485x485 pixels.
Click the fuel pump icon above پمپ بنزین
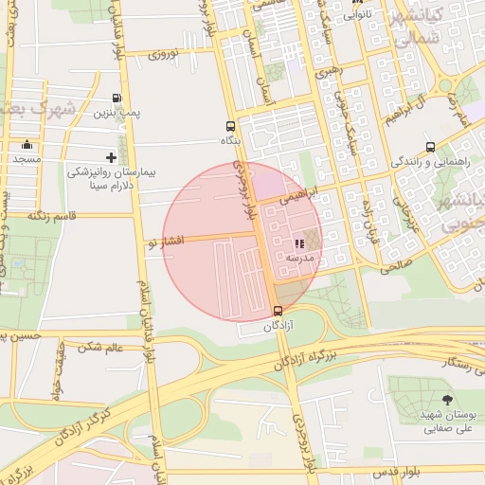coord(117,97)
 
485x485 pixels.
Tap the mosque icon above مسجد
coord(27,145)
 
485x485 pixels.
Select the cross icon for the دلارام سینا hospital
coord(112,157)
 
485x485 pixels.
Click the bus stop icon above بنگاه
coord(230,125)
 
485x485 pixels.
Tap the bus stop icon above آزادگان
coord(278,311)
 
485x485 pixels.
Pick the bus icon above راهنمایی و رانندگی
coord(431,147)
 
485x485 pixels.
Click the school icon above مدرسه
coord(299,243)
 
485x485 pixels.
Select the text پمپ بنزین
coord(116,113)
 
